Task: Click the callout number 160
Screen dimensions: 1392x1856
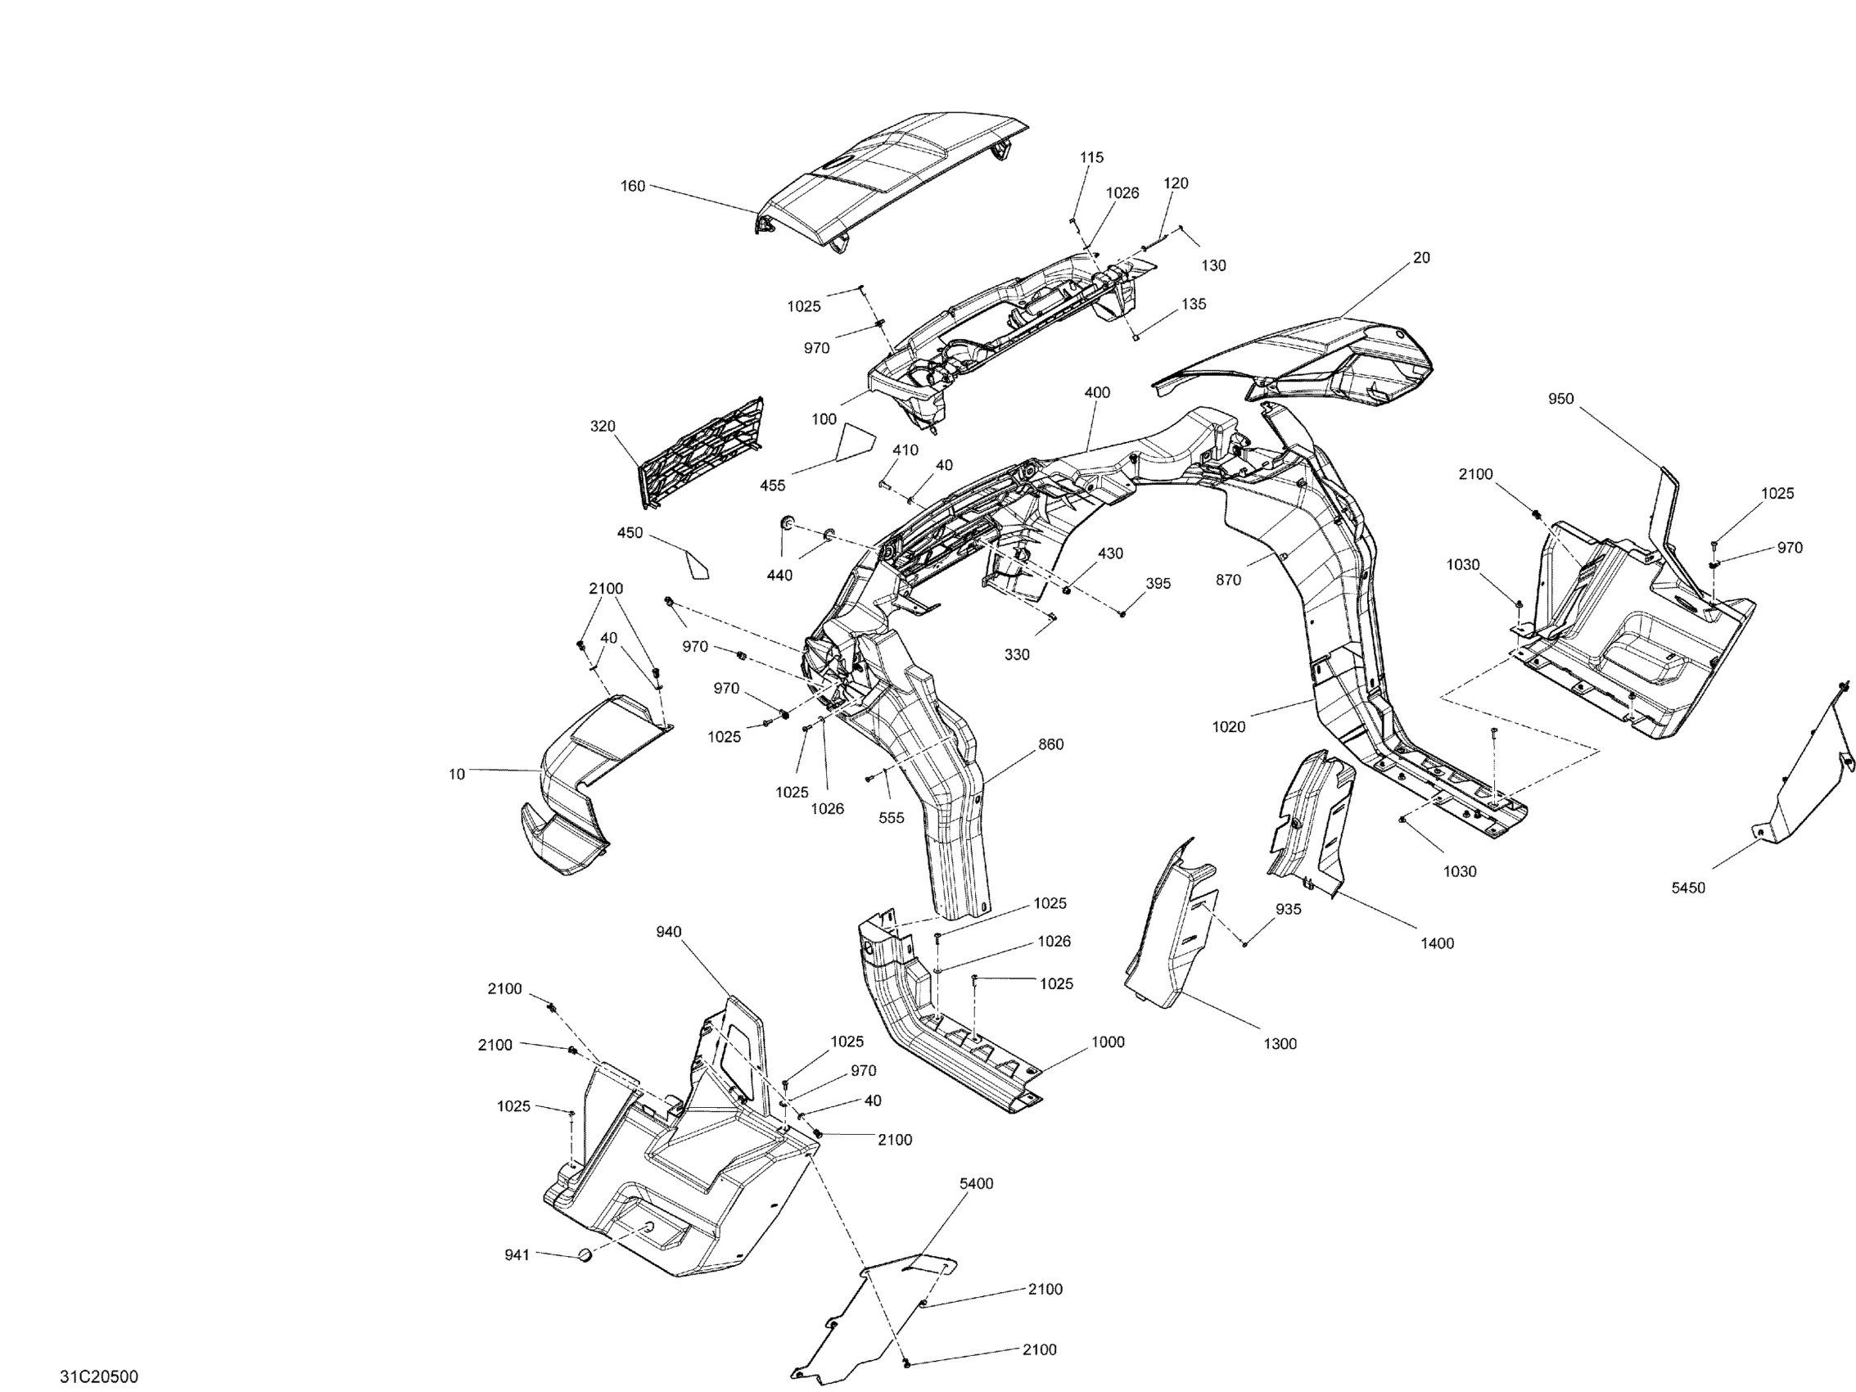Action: pyautogui.click(x=633, y=185)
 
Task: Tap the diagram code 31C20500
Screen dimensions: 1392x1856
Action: pyautogui.click(x=99, y=1376)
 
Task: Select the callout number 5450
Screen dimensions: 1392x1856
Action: pyautogui.click(x=1688, y=888)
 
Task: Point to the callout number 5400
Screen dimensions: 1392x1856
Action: pyautogui.click(x=976, y=1183)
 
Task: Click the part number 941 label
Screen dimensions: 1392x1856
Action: pyautogui.click(x=517, y=1254)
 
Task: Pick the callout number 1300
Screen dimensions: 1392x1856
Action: pyautogui.click(x=1280, y=1044)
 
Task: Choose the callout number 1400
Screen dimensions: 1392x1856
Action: pyautogui.click(x=1438, y=943)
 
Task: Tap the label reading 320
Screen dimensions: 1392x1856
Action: pyautogui.click(x=603, y=427)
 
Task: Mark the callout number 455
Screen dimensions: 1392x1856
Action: pyautogui.click(x=773, y=485)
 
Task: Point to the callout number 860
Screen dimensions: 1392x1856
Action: pyautogui.click(x=1050, y=744)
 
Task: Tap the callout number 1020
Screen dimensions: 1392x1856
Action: pyautogui.click(x=1228, y=726)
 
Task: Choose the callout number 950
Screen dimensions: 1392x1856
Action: pyautogui.click(x=1560, y=400)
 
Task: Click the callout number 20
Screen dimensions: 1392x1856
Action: pyautogui.click(x=1421, y=258)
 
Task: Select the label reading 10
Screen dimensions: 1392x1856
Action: pyautogui.click(x=457, y=775)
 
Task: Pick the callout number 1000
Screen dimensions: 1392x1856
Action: pyautogui.click(x=1108, y=1042)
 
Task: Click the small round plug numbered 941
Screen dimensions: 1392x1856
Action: pyautogui.click(x=585, y=1256)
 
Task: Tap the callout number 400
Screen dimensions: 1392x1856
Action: pyautogui.click(x=1096, y=393)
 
